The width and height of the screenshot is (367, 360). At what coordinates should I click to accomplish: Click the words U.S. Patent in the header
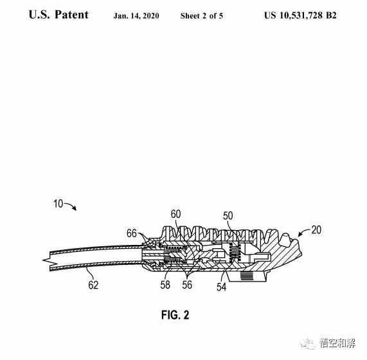[58, 15]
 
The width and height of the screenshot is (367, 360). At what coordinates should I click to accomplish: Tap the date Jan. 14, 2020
[136, 15]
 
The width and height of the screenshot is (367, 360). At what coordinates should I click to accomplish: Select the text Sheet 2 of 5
[202, 15]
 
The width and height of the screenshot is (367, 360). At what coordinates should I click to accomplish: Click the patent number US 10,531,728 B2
[300, 15]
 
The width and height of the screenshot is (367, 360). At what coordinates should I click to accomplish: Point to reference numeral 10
[58, 204]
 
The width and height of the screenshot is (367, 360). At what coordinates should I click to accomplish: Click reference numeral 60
[175, 214]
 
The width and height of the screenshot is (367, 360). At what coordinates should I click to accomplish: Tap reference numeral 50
[228, 216]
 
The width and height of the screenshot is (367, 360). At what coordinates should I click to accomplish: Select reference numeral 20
[316, 230]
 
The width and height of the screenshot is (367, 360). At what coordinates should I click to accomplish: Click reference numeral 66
[132, 233]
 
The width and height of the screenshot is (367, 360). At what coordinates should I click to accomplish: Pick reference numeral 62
[93, 285]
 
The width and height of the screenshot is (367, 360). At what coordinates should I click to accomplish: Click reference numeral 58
[165, 285]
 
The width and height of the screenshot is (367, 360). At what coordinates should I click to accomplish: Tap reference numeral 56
[187, 285]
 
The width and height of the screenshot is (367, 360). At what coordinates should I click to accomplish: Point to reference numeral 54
[221, 287]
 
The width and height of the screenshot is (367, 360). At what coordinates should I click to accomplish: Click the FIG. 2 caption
[175, 315]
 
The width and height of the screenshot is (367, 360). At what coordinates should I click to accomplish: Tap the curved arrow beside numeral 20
[303, 233]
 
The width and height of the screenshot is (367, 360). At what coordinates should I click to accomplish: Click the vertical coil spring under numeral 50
[235, 253]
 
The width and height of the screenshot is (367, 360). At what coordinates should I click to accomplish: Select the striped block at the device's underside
[247, 276]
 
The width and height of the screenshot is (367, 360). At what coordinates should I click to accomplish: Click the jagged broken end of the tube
[47, 260]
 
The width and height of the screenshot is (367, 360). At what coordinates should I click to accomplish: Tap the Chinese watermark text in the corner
[337, 344]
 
